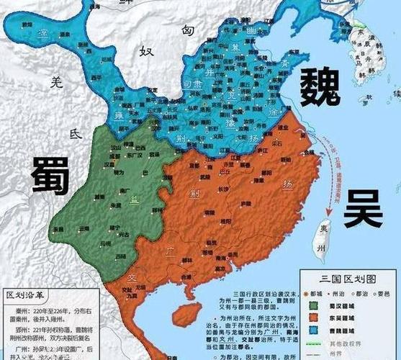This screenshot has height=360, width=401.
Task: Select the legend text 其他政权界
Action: click(346, 347)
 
